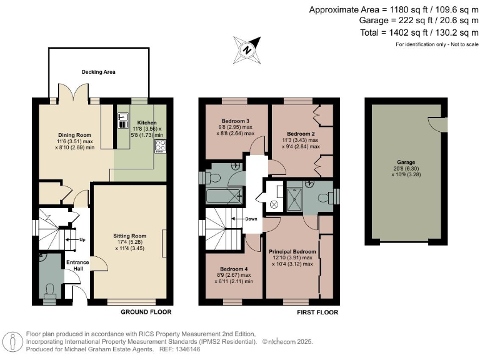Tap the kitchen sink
[122, 121]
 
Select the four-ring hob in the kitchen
[160, 146]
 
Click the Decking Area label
[99, 72]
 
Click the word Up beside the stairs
[81, 239]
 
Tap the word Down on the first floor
[249, 219]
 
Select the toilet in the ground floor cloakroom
[49, 288]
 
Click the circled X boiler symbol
[274, 204]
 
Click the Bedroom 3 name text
[236, 121]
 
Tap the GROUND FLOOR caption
[146, 312]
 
